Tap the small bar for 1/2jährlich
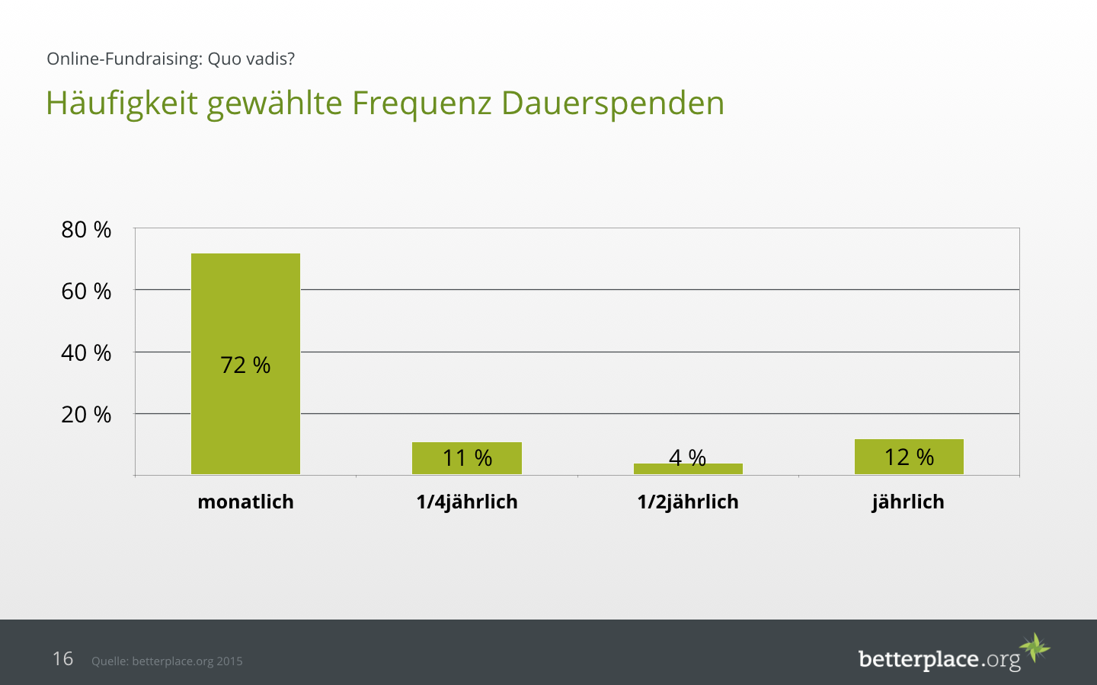point(688,469)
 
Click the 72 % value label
point(245,365)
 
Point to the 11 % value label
point(467,457)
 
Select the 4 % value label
point(687,457)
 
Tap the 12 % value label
point(909,457)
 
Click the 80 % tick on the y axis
point(86,229)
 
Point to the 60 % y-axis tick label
point(86,291)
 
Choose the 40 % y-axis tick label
point(86,352)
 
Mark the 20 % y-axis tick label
point(86,414)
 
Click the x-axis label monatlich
point(245,502)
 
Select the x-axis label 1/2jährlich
point(688,502)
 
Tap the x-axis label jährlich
point(908,502)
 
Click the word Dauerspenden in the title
point(612,103)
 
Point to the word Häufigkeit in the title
point(122,103)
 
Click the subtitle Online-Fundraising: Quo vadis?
point(171,59)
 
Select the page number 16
point(62,658)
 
